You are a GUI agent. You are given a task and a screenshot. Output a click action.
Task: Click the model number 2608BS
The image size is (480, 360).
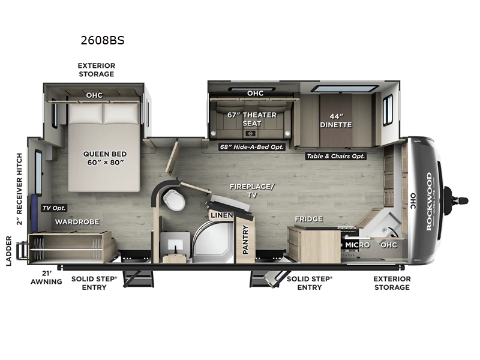pos(103,41)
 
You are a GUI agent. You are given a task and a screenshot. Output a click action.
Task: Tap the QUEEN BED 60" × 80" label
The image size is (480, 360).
pos(105,158)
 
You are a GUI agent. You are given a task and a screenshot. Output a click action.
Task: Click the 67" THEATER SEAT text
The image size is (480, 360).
pos(252,119)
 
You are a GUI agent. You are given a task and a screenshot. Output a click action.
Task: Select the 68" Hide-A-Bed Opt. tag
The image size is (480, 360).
pos(251,146)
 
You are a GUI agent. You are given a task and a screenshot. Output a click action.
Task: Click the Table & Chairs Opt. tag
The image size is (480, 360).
pos(335,155)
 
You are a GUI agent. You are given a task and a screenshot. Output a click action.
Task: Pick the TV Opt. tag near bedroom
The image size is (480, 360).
pos(54,208)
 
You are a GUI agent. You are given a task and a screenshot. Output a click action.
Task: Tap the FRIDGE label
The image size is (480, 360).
pos(308,219)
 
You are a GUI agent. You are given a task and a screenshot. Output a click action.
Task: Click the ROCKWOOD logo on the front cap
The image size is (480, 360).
pos(428,200)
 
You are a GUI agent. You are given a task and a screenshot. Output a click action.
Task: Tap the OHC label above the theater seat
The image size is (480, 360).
pos(255,93)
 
